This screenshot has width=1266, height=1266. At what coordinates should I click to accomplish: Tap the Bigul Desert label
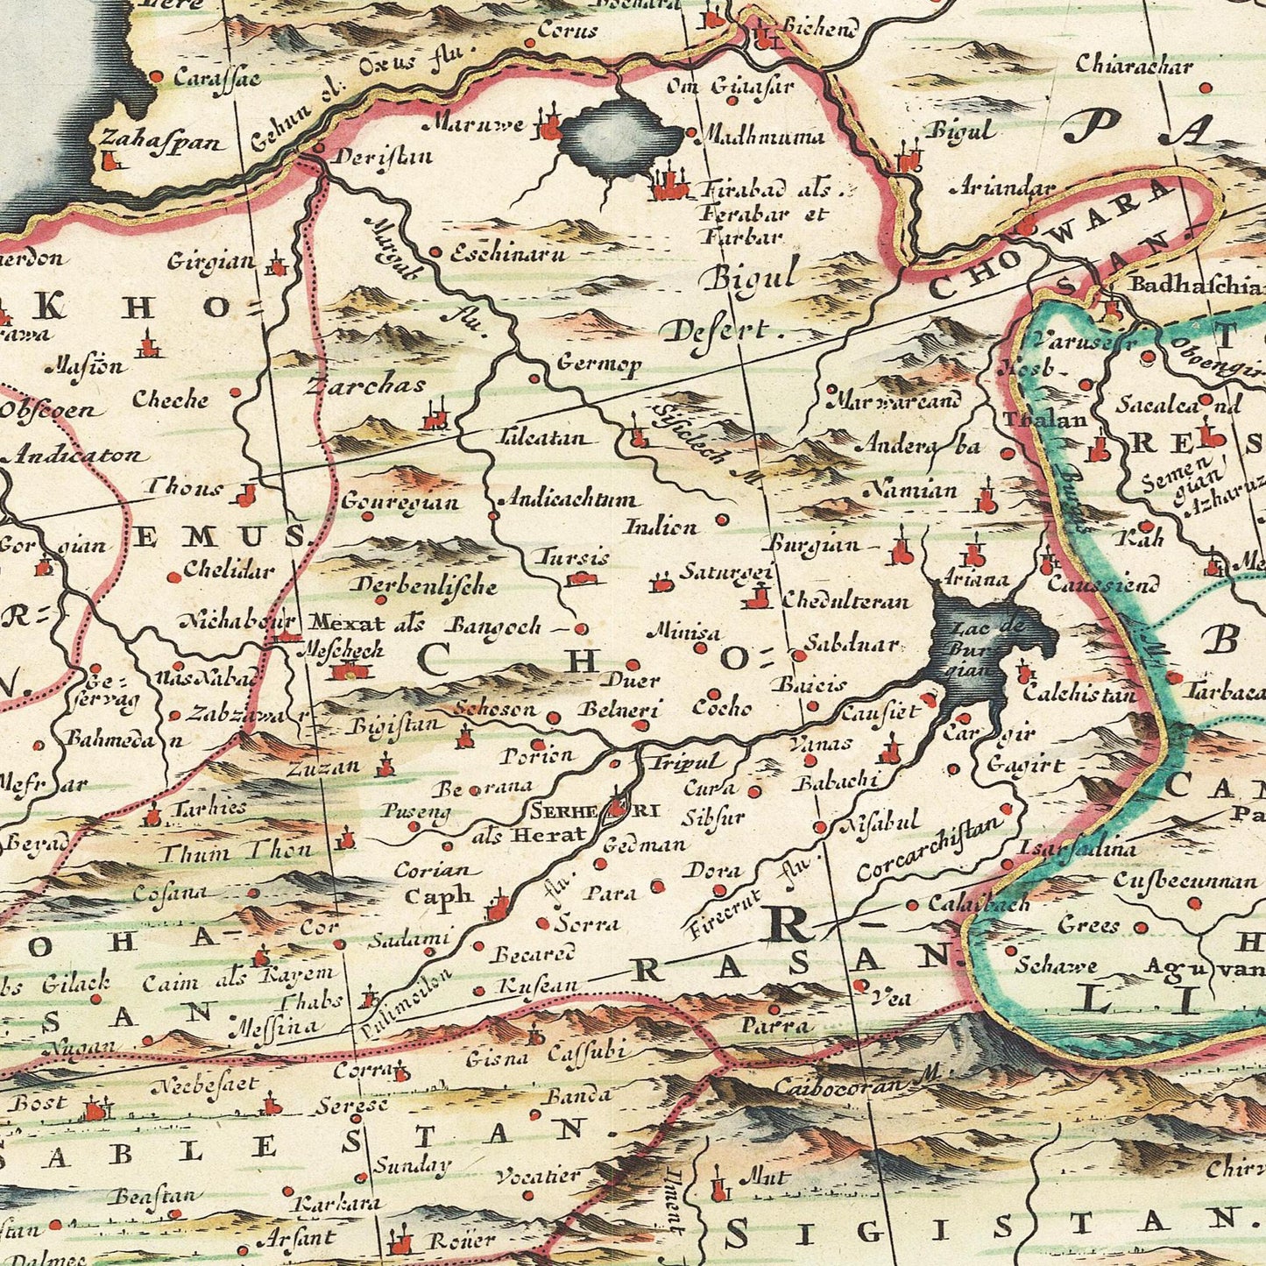[x=740, y=302]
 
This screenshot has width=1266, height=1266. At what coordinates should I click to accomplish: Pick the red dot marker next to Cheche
[x=235, y=393]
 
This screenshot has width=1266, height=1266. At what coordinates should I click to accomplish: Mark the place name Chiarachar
[x=1134, y=65]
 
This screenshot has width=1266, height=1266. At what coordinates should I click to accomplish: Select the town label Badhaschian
[x=1197, y=286]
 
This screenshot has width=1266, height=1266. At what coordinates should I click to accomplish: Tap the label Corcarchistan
[x=929, y=848]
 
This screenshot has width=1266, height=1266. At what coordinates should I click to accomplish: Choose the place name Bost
[x=37, y=1102]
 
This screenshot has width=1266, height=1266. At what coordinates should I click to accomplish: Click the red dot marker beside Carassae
[x=157, y=77]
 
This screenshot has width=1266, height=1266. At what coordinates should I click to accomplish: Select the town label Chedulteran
[x=845, y=601]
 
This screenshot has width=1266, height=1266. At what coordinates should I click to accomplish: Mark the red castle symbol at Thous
[x=246, y=496]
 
